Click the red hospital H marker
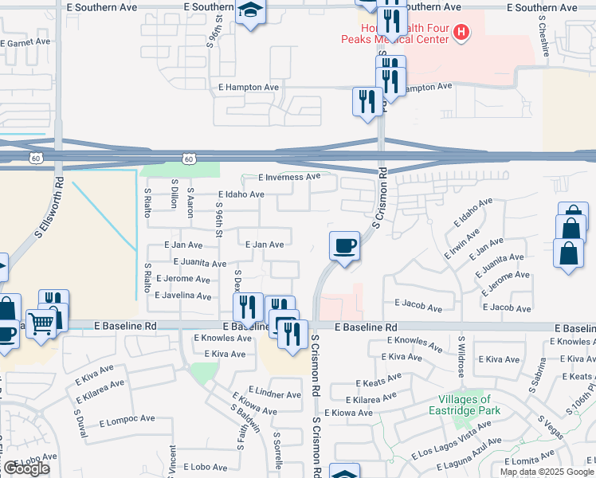pyautogui.click(x=461, y=33)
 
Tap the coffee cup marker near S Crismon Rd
pyautogui.click(x=344, y=245)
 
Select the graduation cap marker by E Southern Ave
pyautogui.click(x=251, y=11)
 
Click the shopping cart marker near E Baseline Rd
pyautogui.click(x=42, y=322)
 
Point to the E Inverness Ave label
pyautogui.click(x=289, y=177)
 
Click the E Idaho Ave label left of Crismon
pyautogui.click(x=241, y=194)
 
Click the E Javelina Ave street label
pyautogui.click(x=182, y=296)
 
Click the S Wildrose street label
pyautogui.click(x=461, y=358)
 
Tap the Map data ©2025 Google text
pyautogui.click(x=547, y=472)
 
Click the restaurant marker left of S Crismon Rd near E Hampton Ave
pyautogui.click(x=366, y=100)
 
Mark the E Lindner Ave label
pyautogui.click(x=275, y=394)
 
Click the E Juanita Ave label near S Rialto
pyautogui.click(x=199, y=262)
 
